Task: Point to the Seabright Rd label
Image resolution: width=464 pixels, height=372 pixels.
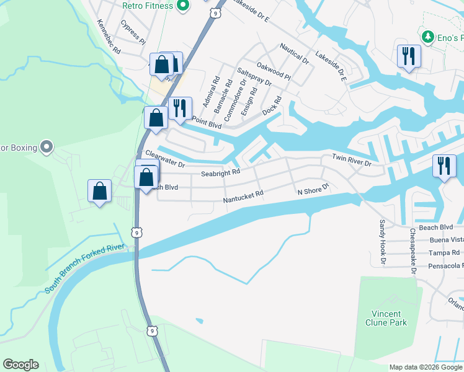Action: pyautogui.click(x=220, y=174)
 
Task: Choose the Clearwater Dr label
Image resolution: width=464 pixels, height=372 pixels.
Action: pyautogui.click(x=165, y=159)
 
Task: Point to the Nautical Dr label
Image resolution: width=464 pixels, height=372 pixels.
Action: pyautogui.click(x=294, y=53)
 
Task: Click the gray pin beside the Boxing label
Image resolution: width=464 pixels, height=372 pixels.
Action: pyautogui.click(x=46, y=148)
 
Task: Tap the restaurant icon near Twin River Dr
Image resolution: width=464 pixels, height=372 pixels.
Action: pyautogui.click(x=444, y=166)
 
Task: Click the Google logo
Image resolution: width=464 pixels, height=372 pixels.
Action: pyautogui.click(x=20, y=365)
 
